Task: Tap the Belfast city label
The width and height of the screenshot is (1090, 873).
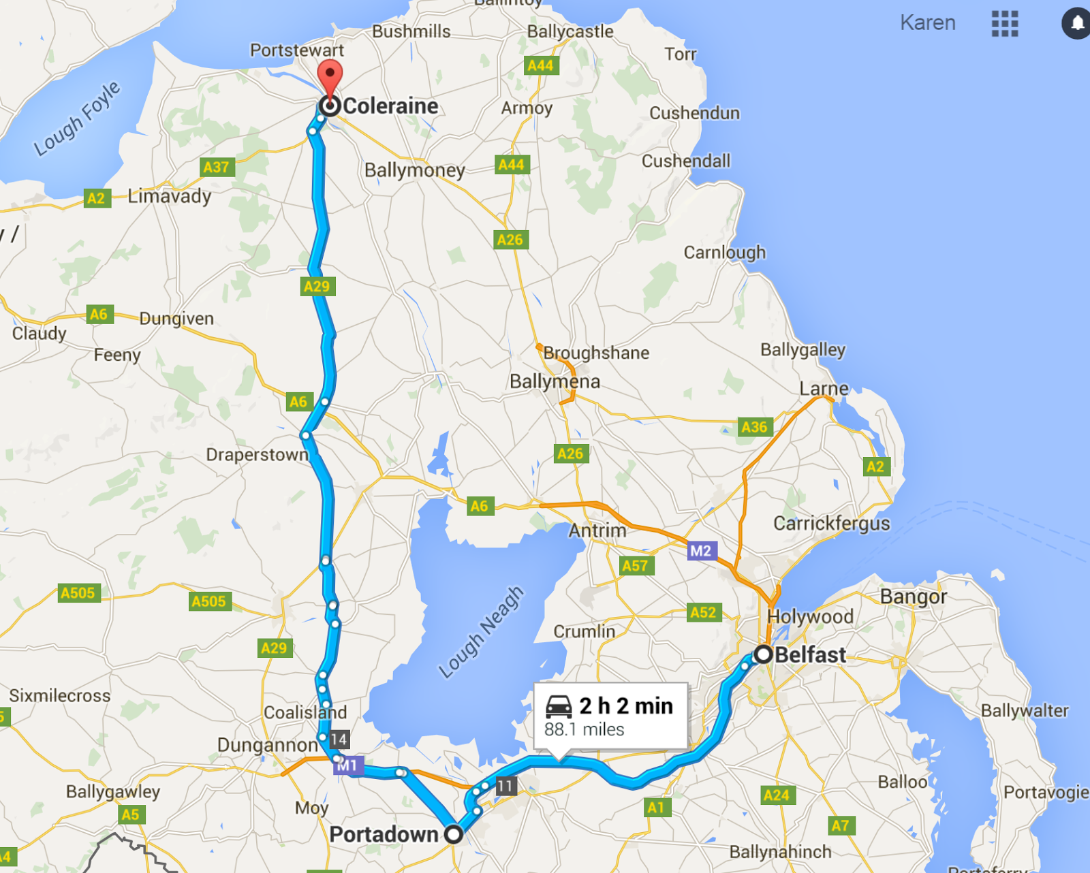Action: pyautogui.click(x=810, y=655)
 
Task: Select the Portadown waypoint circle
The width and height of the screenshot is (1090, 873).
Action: pyautogui.click(x=453, y=834)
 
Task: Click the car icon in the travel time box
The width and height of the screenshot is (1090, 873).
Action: pyautogui.click(x=559, y=707)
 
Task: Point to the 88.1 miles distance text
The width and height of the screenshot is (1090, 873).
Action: pyautogui.click(x=584, y=730)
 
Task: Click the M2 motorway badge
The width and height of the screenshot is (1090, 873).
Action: pyautogui.click(x=701, y=551)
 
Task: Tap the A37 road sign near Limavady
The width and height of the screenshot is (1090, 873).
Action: pyautogui.click(x=217, y=167)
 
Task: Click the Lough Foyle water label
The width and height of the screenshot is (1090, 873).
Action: pyautogui.click(x=77, y=118)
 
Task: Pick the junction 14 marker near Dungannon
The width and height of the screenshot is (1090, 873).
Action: pyautogui.click(x=339, y=740)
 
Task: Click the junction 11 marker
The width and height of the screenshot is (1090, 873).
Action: pyautogui.click(x=505, y=787)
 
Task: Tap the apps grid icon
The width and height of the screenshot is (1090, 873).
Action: pyautogui.click(x=1005, y=23)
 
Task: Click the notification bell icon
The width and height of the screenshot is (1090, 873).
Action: pyautogui.click(x=1077, y=23)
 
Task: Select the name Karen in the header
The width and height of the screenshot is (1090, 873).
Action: pyautogui.click(x=927, y=22)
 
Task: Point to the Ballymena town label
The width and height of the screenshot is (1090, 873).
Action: pyautogui.click(x=555, y=381)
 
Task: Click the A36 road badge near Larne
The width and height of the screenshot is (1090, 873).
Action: pyautogui.click(x=754, y=427)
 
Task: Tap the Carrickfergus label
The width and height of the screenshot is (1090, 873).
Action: pyautogui.click(x=831, y=523)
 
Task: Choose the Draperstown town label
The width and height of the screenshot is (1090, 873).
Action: pyautogui.click(x=257, y=454)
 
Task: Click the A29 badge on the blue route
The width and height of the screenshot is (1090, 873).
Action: pyautogui.click(x=317, y=287)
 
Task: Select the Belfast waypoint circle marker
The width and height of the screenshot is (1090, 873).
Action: pyautogui.click(x=763, y=654)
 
